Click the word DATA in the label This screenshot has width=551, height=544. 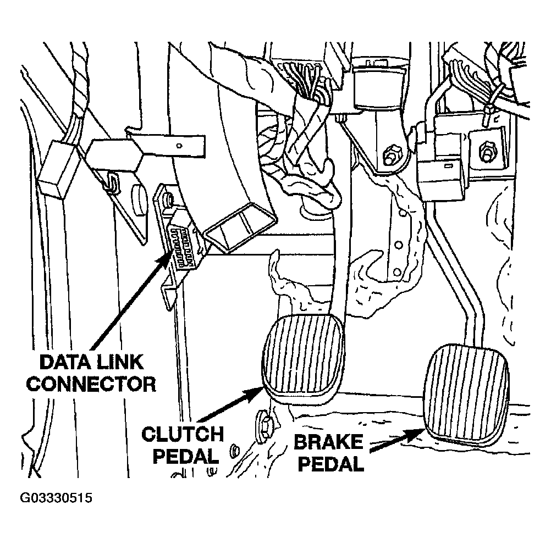tap(65, 362)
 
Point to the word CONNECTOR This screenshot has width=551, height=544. tap(91, 383)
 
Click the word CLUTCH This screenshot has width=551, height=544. tap(183, 434)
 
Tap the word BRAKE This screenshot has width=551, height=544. tap(328, 442)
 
